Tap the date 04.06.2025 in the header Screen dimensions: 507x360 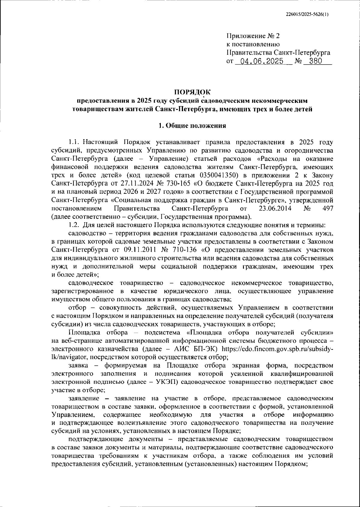tap(259, 61)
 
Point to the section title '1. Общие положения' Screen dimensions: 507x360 tap(192, 126)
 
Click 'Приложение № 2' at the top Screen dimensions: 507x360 tap(253, 36)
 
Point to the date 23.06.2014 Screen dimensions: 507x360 tap(275, 208)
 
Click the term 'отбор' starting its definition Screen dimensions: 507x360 tap(77, 308)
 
